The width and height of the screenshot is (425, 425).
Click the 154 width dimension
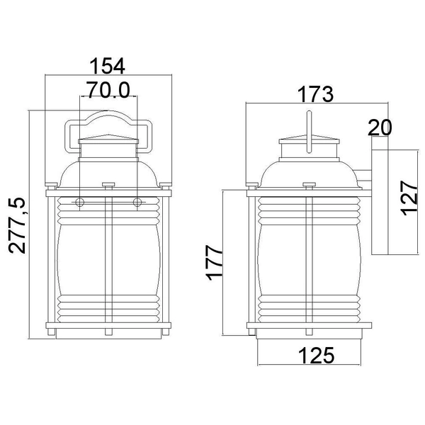click(x=108, y=66)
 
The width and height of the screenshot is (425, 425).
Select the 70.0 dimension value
click(x=108, y=89)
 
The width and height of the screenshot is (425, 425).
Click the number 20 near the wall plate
click(x=380, y=127)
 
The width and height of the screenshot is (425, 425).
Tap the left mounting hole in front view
click(x=80, y=203)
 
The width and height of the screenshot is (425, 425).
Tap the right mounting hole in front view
click(x=137, y=203)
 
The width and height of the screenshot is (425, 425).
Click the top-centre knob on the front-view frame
click(x=108, y=186)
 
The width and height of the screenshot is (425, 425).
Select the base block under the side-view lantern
click(x=309, y=336)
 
